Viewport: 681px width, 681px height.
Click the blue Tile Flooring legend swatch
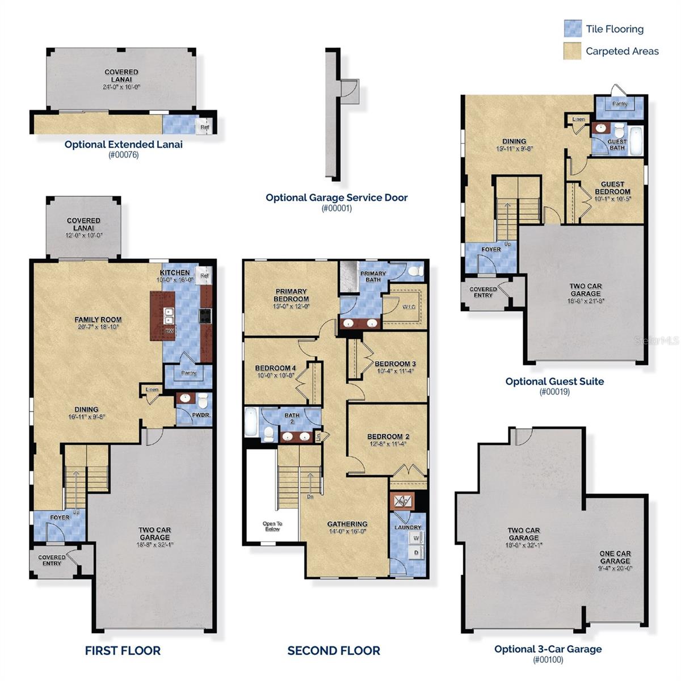[573, 28]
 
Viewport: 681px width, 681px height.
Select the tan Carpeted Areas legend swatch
[573, 51]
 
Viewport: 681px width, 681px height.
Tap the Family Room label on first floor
[98, 320]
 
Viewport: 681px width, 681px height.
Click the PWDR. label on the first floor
[201, 415]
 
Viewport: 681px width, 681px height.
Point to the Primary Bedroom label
[291, 295]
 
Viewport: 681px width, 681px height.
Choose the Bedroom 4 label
[275, 368]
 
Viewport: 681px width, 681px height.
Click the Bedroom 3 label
[395, 364]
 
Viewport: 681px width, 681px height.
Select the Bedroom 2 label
[388, 436]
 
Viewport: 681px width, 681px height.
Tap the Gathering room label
[347, 524]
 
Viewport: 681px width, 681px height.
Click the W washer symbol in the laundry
[416, 538]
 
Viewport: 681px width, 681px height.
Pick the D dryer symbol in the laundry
[416, 552]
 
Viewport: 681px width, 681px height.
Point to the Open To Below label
[272, 526]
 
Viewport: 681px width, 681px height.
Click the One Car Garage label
[615, 557]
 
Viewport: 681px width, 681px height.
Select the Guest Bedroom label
[612, 188]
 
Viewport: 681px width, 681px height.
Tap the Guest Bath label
[617, 145]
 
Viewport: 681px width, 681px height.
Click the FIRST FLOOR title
[123, 650]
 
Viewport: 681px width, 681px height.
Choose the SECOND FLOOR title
[334, 650]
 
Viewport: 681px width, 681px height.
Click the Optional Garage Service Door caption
[337, 197]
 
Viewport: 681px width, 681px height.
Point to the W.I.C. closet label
[409, 307]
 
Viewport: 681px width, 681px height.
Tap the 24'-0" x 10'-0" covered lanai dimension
[121, 87]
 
